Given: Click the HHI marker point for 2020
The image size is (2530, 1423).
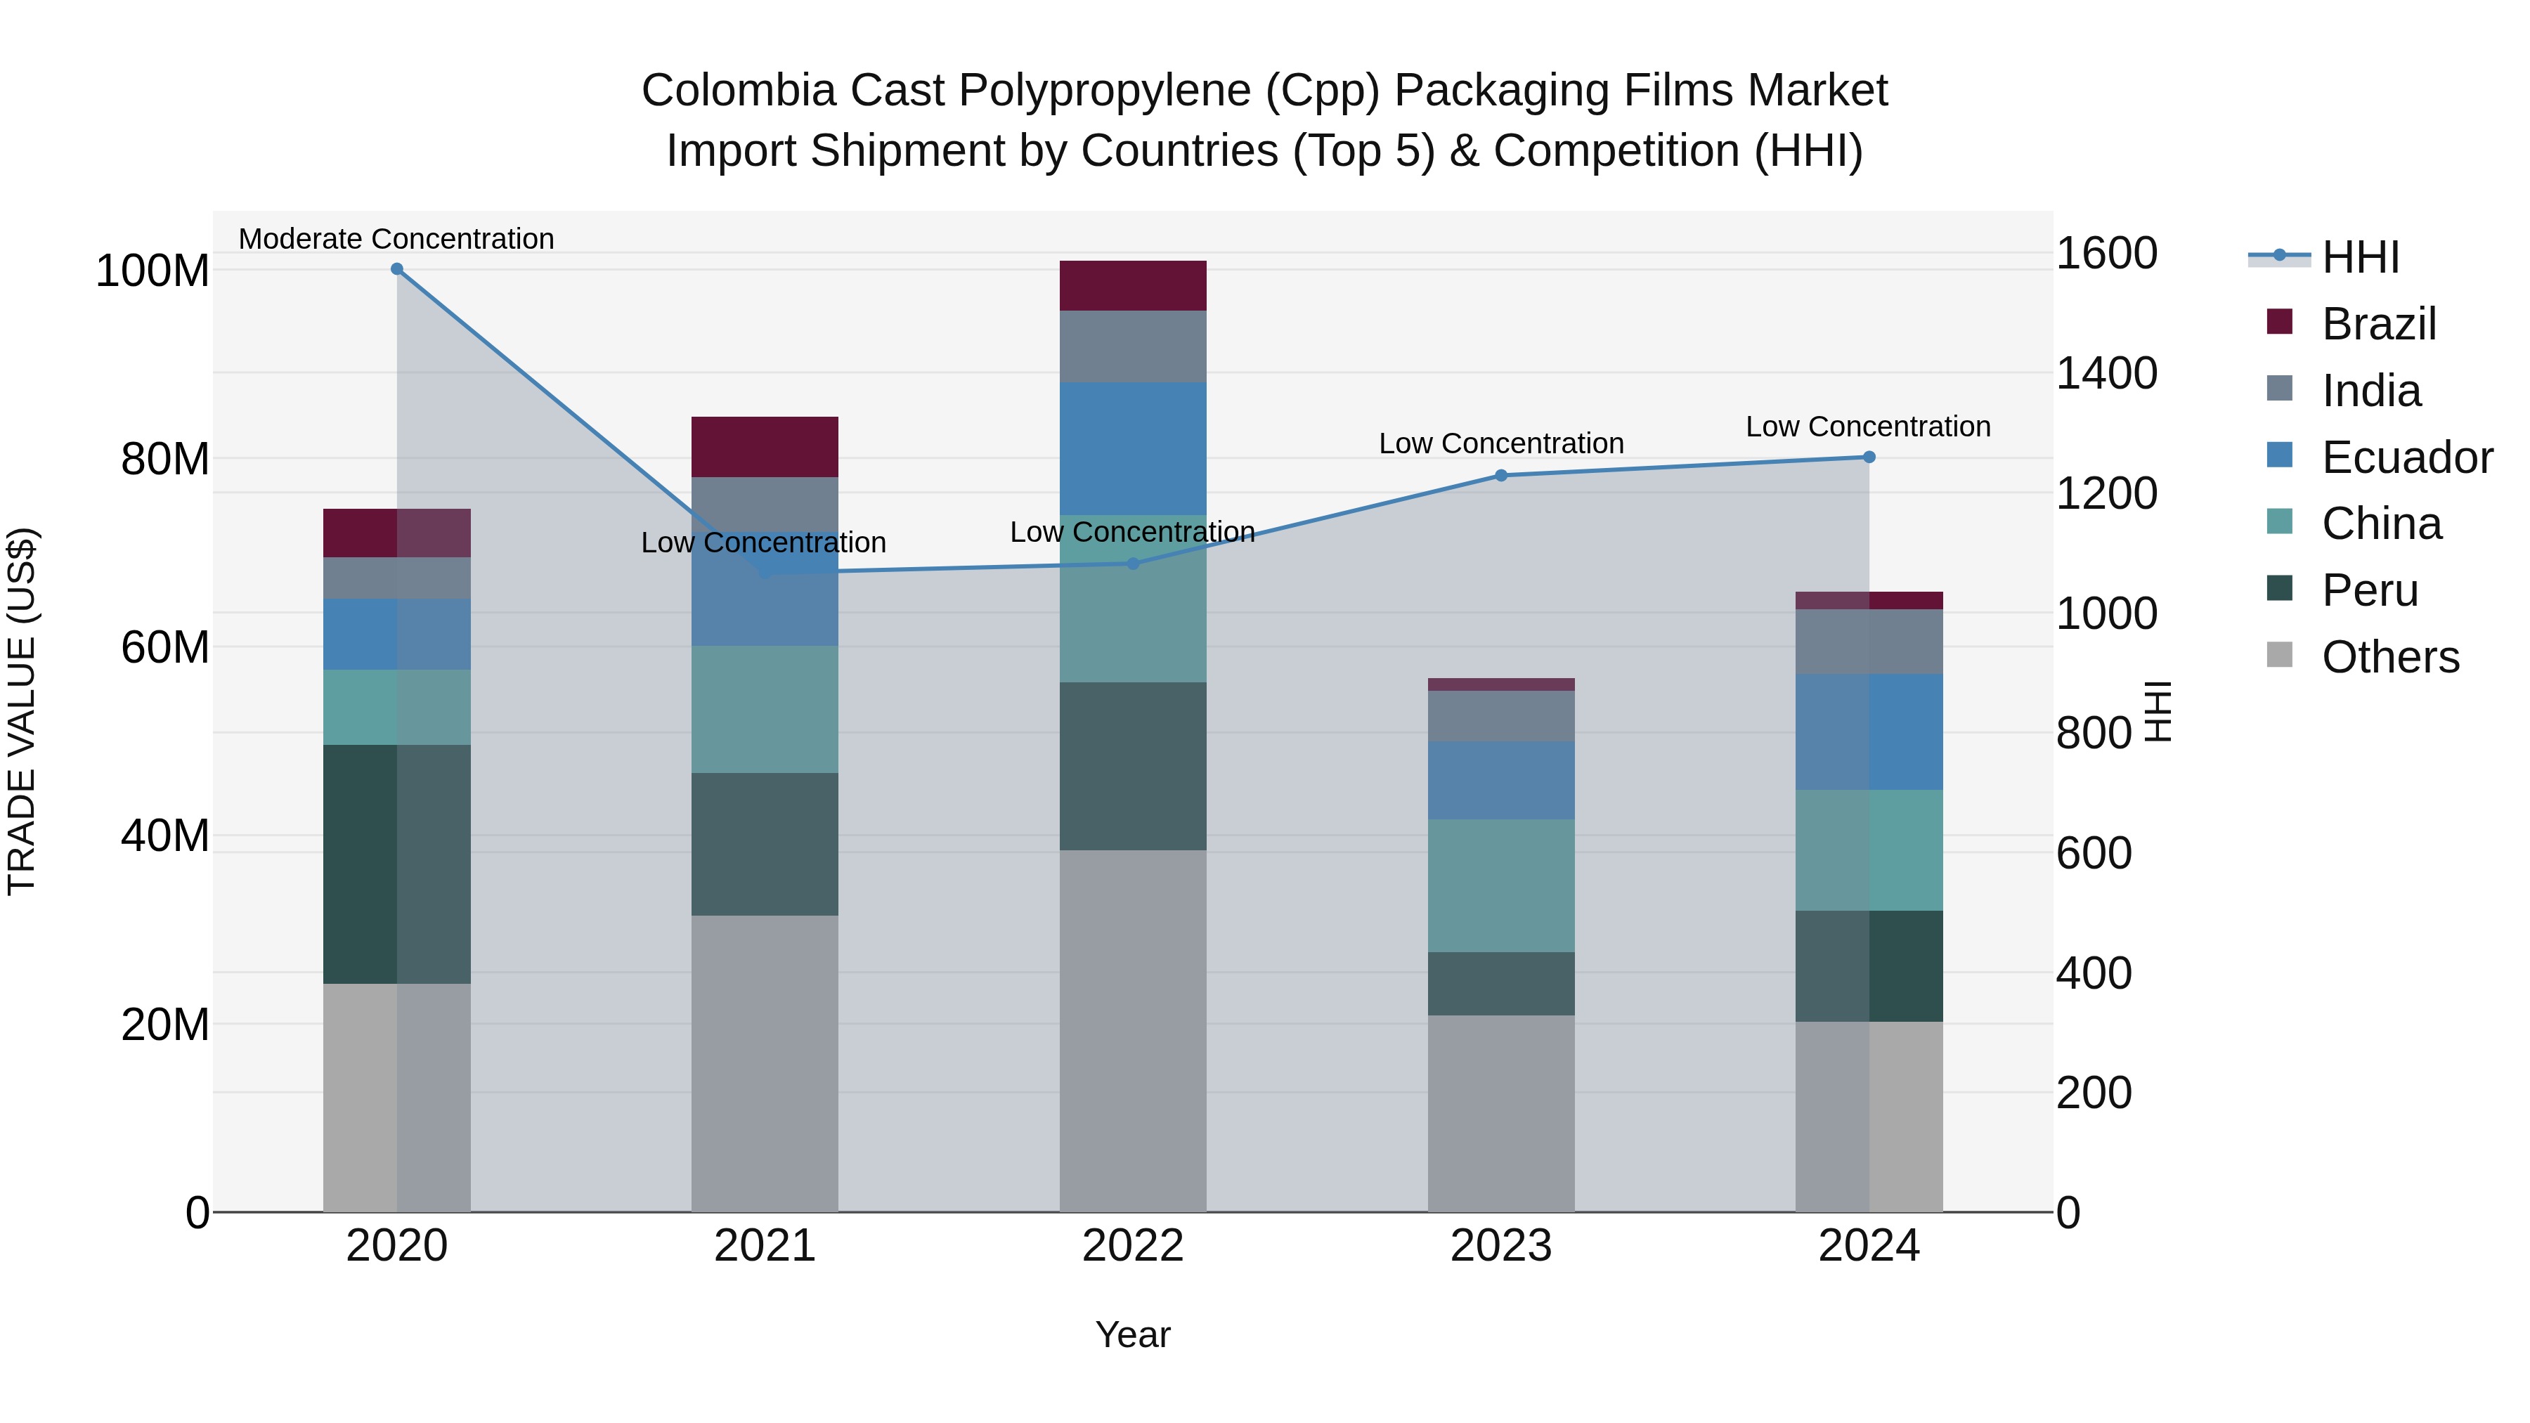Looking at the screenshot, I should tap(397, 269).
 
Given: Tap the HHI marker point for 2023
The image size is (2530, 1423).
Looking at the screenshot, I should tap(1500, 475).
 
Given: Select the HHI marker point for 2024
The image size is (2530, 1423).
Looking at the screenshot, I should tap(1869, 457).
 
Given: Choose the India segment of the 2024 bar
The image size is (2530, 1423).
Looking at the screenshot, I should tap(1869, 642).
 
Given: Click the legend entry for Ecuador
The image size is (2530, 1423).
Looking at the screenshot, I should tap(2406, 457).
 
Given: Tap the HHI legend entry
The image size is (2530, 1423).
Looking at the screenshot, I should tap(2359, 257).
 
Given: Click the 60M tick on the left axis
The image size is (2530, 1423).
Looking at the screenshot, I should tap(165, 647).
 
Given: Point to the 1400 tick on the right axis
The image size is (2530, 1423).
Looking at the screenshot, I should tap(2107, 373).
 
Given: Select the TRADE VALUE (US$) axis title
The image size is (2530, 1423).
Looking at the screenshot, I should tap(22, 711).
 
